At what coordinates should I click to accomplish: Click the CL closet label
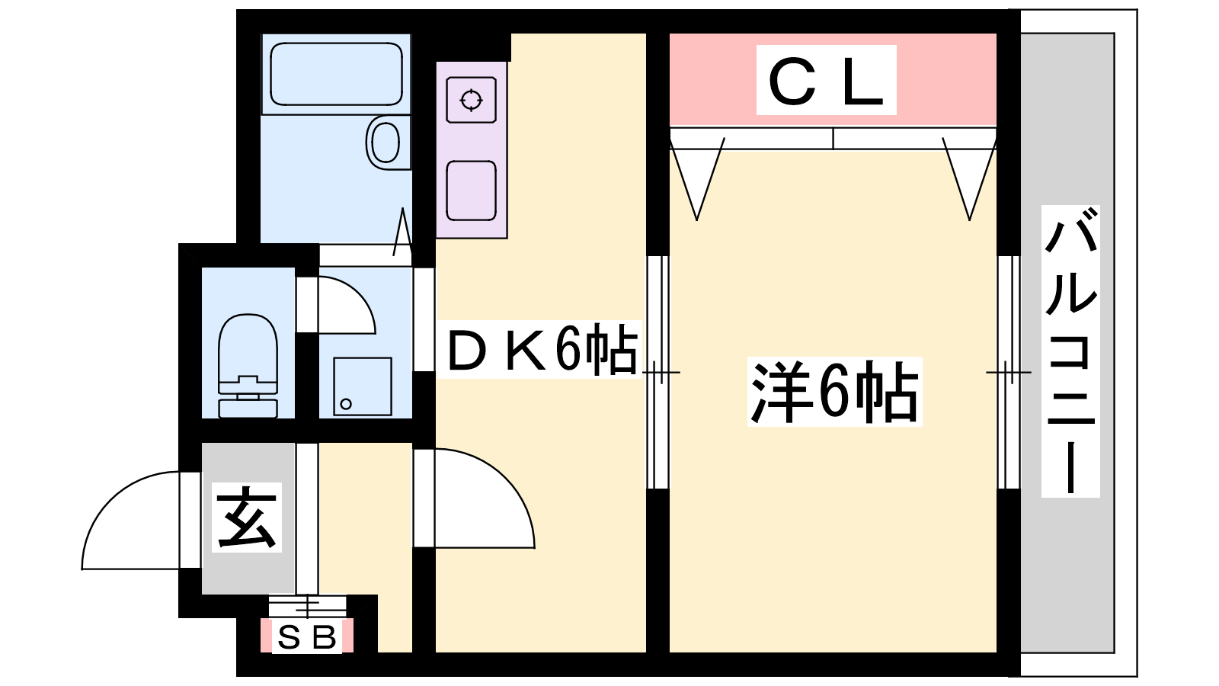(x=826, y=81)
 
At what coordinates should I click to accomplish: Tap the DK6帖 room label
(x=541, y=350)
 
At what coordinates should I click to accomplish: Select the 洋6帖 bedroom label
(x=834, y=392)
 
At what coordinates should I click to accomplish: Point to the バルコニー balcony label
(x=1070, y=351)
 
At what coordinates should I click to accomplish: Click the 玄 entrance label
(x=247, y=518)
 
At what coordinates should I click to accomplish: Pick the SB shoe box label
(x=307, y=637)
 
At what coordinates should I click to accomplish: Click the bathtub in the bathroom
(x=336, y=74)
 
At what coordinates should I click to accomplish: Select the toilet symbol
(x=248, y=366)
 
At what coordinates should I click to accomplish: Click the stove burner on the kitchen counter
(x=472, y=100)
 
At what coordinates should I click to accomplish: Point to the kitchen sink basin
(x=472, y=191)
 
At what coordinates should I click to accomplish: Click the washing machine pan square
(x=363, y=386)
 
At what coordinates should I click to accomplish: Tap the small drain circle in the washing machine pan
(x=346, y=404)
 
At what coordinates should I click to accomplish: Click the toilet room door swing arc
(x=358, y=294)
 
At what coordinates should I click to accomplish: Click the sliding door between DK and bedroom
(x=657, y=373)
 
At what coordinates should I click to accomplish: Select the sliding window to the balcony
(x=1009, y=373)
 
